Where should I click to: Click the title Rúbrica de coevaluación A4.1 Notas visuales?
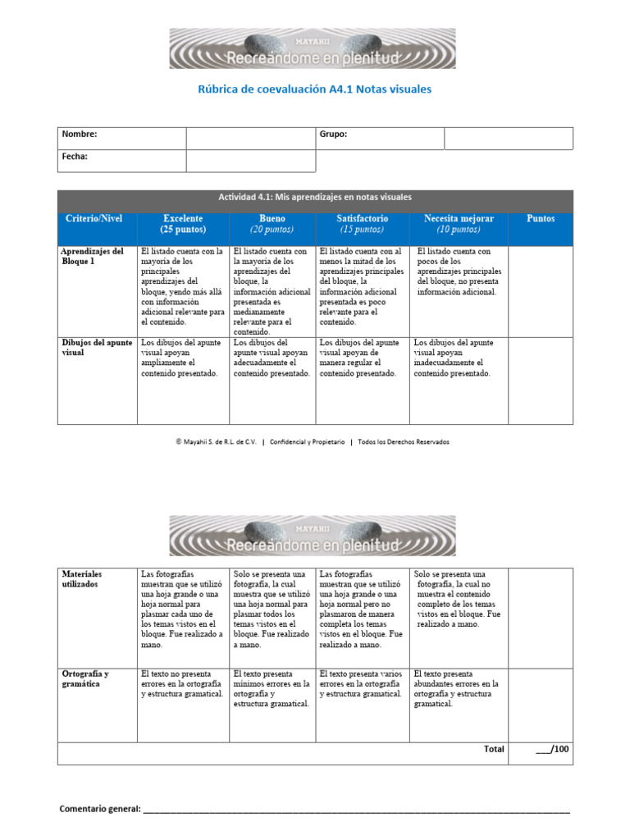(314, 89)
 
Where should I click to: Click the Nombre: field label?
(80, 135)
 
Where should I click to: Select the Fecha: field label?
(75, 156)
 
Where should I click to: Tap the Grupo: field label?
(333, 135)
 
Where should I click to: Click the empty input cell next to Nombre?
(250, 138)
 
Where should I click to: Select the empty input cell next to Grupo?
(508, 138)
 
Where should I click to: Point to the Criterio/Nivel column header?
(94, 219)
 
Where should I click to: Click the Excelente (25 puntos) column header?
(183, 224)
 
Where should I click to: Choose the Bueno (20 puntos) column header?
(272, 224)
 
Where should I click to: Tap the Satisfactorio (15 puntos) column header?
(362, 224)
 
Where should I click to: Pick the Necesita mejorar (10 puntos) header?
(459, 224)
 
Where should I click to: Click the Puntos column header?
(540, 219)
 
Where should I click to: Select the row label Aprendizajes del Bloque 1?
(93, 256)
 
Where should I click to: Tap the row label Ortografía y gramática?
(85, 678)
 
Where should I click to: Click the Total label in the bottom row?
(494, 749)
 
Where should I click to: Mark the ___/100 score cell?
(552, 749)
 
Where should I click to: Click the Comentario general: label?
(100, 809)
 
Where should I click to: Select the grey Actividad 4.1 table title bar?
(314, 198)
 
